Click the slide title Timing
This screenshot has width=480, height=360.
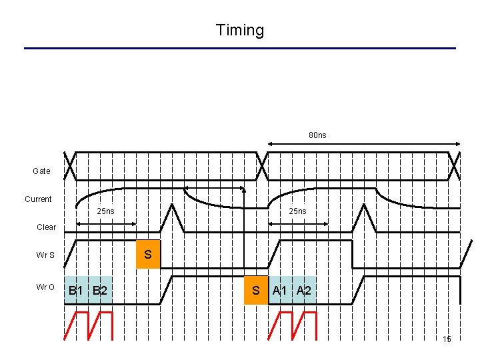240,30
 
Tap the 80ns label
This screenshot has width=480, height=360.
317,135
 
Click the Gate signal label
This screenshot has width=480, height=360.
41,171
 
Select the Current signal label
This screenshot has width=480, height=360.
38,199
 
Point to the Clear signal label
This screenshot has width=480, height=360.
47,227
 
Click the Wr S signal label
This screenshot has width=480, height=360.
46,255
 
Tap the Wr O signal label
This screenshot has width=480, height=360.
46,287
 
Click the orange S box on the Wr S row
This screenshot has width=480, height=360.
148,255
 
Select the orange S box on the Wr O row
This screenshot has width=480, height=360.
255,291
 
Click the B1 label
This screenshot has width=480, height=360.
76,291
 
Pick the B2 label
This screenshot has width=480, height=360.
100,291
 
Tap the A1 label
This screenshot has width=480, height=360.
280,291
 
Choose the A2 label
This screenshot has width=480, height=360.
304,291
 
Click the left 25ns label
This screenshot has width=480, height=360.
105,211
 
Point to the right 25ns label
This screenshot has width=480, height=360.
297,211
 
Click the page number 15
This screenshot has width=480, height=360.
447,339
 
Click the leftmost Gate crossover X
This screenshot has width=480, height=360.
70,166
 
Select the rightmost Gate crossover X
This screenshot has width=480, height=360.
454,166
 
